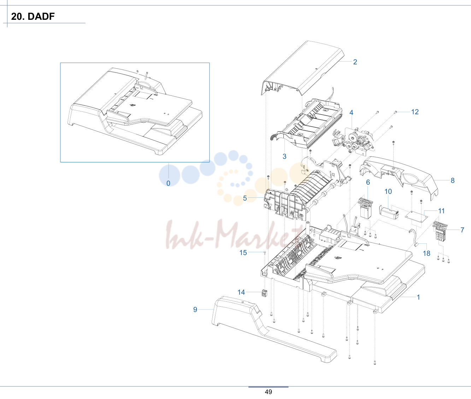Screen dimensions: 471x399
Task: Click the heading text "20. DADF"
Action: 33,16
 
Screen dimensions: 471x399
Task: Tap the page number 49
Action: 269,392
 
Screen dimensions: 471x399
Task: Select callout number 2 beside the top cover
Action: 355,62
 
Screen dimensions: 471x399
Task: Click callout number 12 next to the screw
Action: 415,112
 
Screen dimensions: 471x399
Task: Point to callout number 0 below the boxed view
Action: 168,183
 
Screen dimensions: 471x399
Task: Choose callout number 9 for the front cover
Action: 195,310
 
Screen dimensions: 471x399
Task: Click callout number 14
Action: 241,292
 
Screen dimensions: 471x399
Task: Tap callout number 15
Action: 243,253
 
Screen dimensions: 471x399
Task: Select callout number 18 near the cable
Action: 426,253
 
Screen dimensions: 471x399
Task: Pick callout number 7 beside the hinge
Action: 462,230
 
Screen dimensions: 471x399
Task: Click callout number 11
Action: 441,211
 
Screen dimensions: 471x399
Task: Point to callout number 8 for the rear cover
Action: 453,180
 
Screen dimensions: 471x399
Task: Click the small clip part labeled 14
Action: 264,293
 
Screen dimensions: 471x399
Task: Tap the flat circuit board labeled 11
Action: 416,216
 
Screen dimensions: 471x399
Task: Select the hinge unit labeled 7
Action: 440,231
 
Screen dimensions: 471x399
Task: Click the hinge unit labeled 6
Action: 365,208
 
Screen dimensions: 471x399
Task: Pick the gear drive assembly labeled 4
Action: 353,142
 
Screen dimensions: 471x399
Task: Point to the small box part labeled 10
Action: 389,212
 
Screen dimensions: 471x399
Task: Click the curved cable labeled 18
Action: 414,238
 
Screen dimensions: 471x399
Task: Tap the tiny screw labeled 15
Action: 265,252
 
